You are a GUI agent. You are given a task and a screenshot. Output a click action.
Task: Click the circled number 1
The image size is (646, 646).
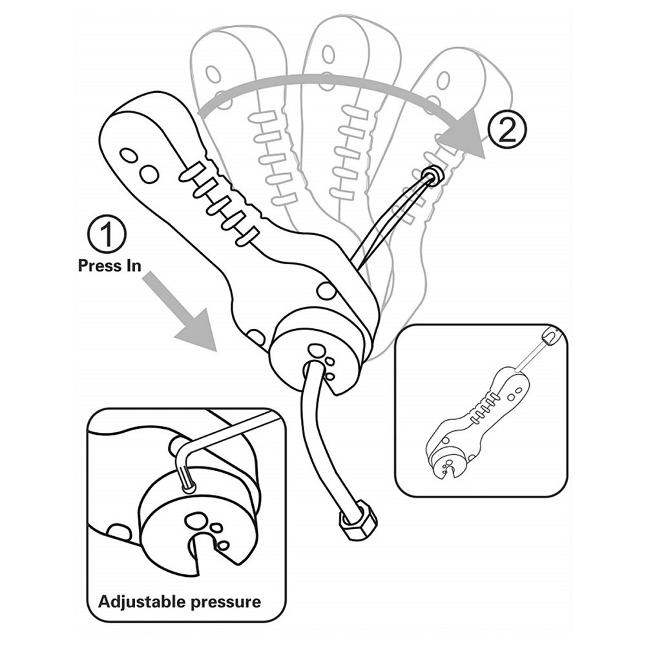tap(107, 234)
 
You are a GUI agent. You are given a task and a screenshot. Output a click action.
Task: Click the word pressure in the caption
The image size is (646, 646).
tap(225, 602)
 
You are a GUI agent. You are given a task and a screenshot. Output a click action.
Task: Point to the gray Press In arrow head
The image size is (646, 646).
tap(198, 329)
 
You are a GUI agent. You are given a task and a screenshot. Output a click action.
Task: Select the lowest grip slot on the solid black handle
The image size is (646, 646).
tap(247, 235)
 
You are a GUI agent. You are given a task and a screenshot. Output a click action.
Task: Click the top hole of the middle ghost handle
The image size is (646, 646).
tap(328, 54)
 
